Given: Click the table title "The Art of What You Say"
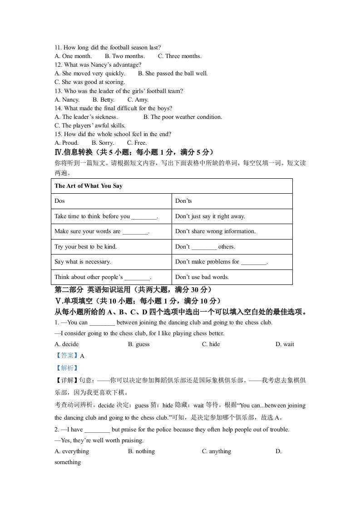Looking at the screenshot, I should pos(88,186).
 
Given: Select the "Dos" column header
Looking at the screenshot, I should pos(59,201).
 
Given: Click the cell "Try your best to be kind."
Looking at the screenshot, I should pos(85,247).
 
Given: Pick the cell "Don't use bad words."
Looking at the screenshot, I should pos(202,277).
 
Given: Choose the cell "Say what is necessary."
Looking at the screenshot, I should pos(83,262).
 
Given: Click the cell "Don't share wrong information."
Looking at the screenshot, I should pos(215,231).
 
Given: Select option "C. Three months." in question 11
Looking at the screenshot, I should pos(180,56).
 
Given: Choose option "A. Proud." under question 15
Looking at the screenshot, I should pos(66,143).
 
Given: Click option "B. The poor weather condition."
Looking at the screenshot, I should pos(183,117).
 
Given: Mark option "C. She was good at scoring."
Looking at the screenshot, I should pos(89,82).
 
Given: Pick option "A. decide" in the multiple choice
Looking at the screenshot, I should pos(66,344).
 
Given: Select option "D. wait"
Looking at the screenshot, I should pos(285,344).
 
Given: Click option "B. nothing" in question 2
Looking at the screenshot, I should pos(141,451).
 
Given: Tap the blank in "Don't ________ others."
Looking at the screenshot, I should pos(204,247).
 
